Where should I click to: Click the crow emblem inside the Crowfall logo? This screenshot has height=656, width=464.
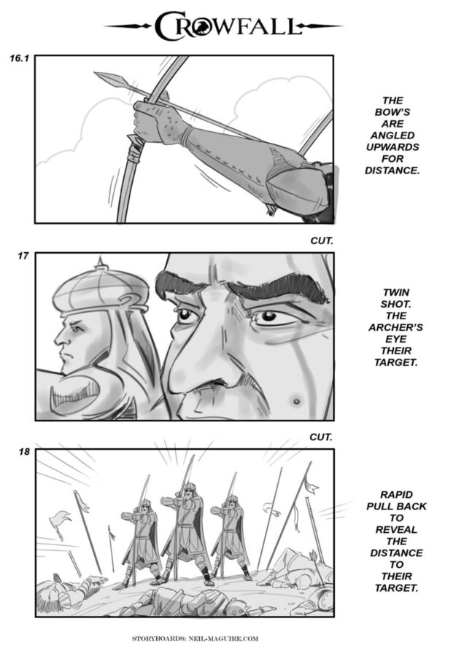[200, 26]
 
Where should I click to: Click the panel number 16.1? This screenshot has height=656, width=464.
[19, 58]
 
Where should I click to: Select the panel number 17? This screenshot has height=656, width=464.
[23, 256]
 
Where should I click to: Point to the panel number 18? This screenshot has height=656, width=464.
[24, 452]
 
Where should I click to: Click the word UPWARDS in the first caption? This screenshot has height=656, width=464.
[393, 147]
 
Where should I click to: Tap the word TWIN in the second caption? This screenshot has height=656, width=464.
[395, 292]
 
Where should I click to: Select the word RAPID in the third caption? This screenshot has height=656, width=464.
[396, 494]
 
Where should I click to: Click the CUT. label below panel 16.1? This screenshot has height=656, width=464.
[321, 241]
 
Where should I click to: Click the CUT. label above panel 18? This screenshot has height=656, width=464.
[321, 437]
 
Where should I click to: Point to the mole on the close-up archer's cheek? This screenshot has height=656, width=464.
[296, 402]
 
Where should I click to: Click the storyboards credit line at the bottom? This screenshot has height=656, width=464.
[195, 639]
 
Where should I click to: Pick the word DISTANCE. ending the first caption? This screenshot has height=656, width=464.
[392, 171]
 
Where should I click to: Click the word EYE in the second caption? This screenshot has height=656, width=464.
[395, 339]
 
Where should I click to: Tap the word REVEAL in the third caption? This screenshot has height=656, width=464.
[396, 530]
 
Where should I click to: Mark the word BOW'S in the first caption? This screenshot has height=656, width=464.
[393, 112]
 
